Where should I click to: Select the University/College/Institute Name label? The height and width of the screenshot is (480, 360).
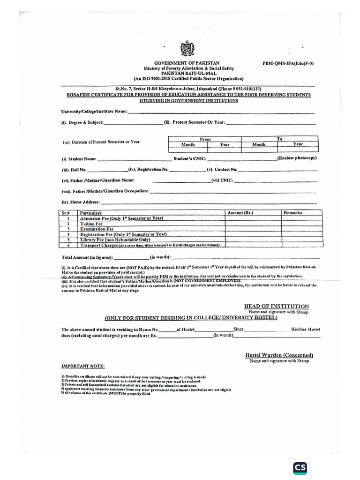click(x=94, y=112)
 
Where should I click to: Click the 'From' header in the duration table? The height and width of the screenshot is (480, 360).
click(x=205, y=139)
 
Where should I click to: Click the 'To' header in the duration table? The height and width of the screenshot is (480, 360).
click(x=279, y=139)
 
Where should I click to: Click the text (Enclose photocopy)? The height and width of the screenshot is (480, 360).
click(x=297, y=158)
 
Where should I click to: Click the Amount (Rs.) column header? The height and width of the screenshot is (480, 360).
click(x=240, y=213)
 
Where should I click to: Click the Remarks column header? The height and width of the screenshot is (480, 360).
click(x=293, y=213)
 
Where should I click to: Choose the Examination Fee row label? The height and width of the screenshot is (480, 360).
click(x=97, y=229)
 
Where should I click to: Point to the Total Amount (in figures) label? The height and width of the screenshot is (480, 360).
click(x=87, y=257)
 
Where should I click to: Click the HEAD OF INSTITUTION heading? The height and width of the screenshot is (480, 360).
click(x=276, y=306)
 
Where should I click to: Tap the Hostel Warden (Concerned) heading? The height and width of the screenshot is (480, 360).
click(x=279, y=355)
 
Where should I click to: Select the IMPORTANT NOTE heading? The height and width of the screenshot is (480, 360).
click(x=83, y=366)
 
